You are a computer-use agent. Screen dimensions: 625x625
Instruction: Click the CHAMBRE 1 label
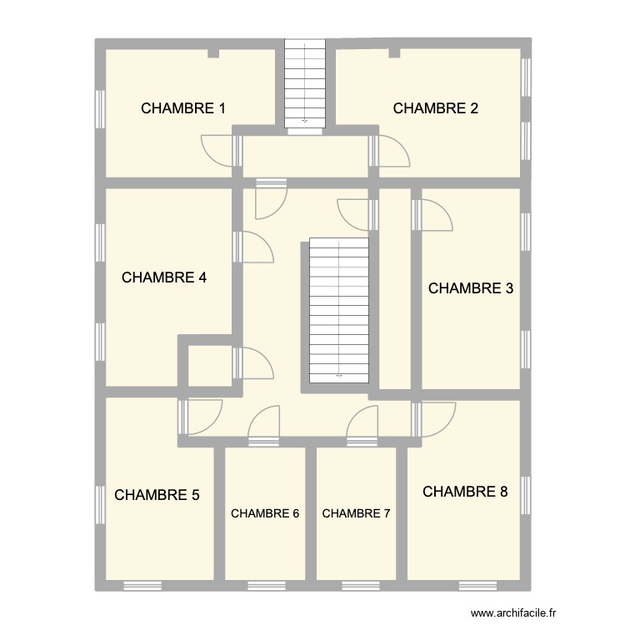tap(183, 108)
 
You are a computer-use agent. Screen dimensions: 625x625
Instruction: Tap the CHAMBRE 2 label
tap(435, 108)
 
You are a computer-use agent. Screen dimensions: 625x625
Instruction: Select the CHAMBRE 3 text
tap(470, 289)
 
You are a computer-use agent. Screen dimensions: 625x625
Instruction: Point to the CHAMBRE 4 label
tap(164, 278)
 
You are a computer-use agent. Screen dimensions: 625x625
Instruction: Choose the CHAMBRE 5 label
tap(157, 495)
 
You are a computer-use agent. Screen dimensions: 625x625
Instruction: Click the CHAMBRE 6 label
tap(265, 513)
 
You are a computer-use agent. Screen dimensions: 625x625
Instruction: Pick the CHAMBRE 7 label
tap(356, 513)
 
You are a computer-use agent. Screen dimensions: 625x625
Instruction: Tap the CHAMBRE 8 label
tap(465, 492)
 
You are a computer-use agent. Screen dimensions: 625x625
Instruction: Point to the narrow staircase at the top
tap(304, 83)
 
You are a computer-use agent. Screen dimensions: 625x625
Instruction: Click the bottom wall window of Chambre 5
tap(142, 585)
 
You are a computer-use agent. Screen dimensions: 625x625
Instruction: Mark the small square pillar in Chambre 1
tap(213, 54)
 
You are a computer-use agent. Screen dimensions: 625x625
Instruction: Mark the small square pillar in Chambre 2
tap(394, 54)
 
